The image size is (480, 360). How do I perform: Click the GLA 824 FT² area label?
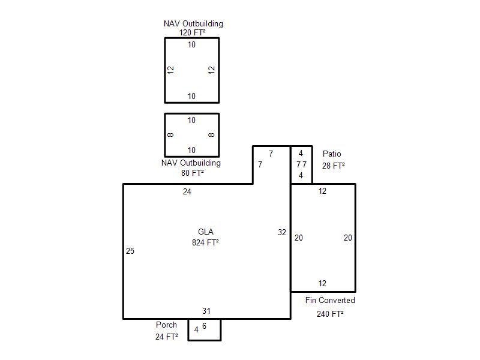point(205,237)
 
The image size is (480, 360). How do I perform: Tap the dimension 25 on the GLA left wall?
point(130,251)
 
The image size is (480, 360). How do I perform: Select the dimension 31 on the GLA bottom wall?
point(206,311)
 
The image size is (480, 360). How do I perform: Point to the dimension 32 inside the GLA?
point(282,232)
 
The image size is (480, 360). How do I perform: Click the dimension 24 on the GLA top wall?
point(187,191)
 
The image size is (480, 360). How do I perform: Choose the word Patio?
point(332,154)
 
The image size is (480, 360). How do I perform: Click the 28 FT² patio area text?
point(334,166)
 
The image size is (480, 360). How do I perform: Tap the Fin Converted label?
point(330,301)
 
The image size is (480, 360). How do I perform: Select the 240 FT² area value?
point(330,314)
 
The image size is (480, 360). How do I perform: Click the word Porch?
point(167,325)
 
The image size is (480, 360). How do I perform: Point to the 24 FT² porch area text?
point(167,337)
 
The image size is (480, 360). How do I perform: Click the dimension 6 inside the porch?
point(204,326)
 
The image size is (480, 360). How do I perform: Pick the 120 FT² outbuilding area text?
point(192,32)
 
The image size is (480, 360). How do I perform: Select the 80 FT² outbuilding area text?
point(192,173)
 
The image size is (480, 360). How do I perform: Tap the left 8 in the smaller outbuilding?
point(170,134)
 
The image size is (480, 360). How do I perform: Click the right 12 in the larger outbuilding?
point(212,70)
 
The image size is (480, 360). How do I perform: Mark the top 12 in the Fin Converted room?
point(322,191)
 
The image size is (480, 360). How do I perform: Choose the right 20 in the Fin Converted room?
point(348,238)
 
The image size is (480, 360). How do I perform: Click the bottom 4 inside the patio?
point(301,175)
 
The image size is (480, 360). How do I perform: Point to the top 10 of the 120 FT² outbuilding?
point(191,44)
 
